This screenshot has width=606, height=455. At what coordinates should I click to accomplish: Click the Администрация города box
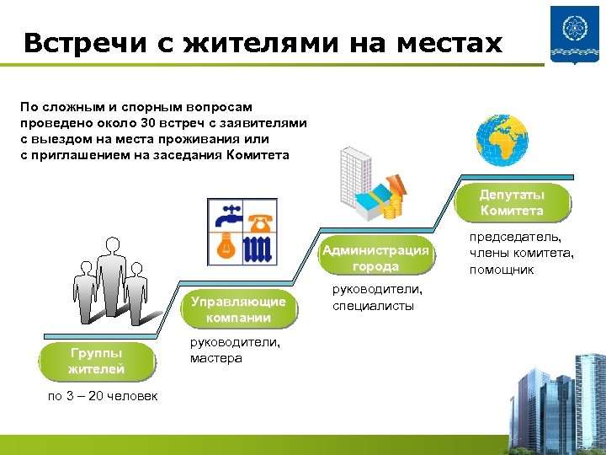[376, 258]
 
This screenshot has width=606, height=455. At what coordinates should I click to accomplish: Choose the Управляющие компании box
[238, 309]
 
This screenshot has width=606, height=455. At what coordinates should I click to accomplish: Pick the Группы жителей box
[97, 361]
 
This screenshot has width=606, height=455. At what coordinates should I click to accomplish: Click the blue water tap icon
[225, 217]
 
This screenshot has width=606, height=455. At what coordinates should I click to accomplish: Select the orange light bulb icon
[225, 247]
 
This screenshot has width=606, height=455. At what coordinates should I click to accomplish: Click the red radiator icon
[260, 248]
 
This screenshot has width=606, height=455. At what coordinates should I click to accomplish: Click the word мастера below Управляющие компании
[216, 358]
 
